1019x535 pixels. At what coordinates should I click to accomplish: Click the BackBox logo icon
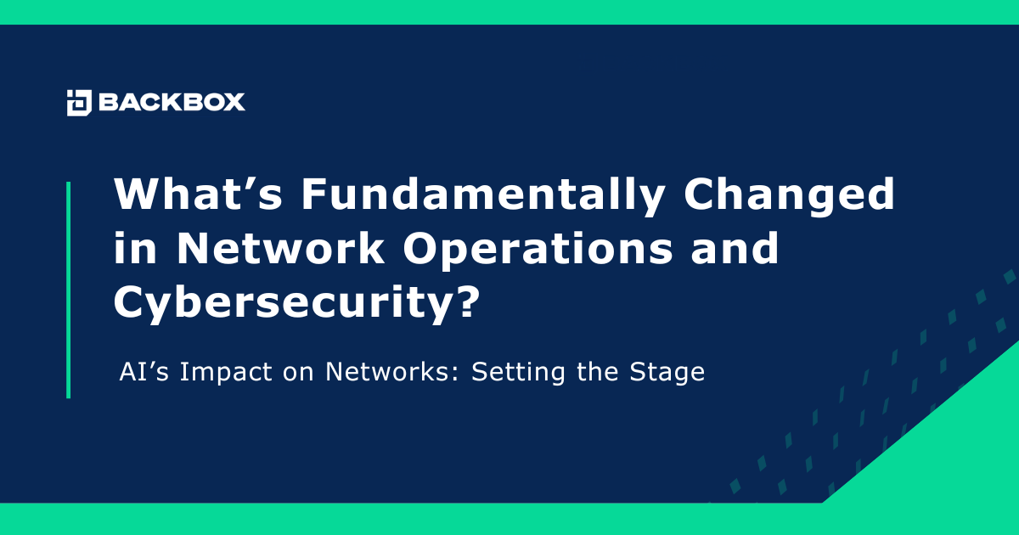79,103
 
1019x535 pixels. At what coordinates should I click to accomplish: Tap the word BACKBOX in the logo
172,103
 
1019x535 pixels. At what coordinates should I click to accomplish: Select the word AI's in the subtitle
140,373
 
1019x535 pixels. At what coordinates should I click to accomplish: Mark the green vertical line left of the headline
68,289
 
